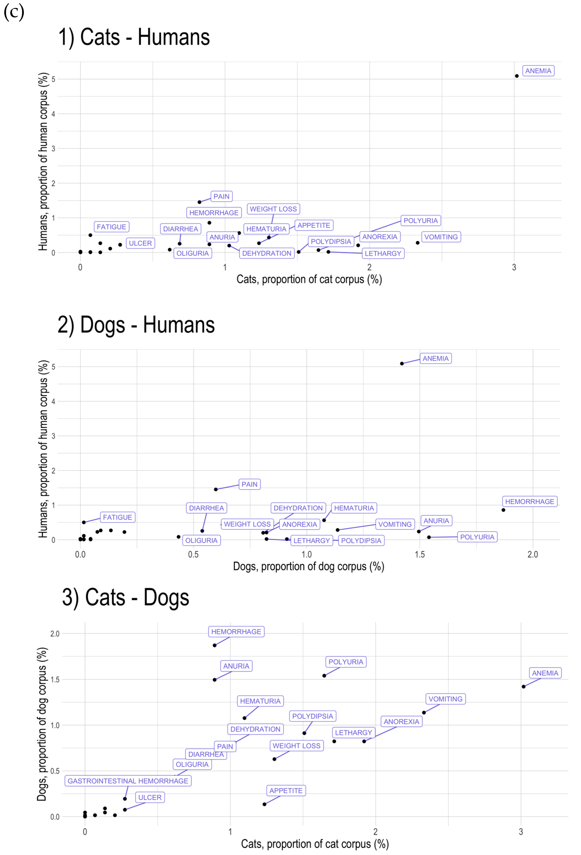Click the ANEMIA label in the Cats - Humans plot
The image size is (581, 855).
(x=538, y=71)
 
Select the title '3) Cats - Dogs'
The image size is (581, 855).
(x=125, y=598)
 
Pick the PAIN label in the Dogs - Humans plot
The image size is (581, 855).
(x=249, y=484)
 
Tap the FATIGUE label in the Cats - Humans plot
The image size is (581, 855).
(x=112, y=227)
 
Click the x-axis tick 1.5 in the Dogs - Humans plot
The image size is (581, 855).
(x=420, y=554)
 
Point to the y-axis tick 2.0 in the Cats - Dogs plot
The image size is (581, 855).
(x=55, y=634)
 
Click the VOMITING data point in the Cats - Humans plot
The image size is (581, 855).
(x=417, y=243)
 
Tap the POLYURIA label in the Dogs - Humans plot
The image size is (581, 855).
(x=477, y=537)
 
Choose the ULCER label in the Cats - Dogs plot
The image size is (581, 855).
(x=150, y=797)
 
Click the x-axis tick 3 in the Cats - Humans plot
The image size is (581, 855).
(x=514, y=268)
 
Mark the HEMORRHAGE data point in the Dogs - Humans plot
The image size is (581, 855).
(x=503, y=510)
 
